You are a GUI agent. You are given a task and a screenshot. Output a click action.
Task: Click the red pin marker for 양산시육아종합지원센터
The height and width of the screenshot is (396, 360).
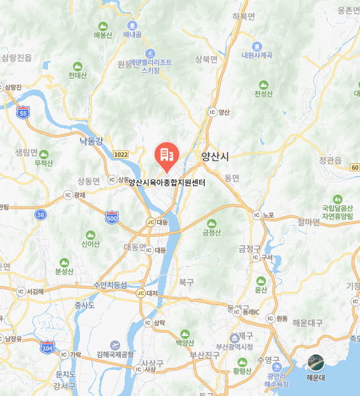point(166,156)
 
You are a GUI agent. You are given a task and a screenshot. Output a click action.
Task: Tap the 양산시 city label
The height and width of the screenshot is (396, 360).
point(219,155)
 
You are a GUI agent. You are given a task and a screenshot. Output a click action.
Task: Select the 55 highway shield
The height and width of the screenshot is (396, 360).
point(24,113)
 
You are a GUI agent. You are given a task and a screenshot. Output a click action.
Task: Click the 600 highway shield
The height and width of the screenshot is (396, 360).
point(112,218)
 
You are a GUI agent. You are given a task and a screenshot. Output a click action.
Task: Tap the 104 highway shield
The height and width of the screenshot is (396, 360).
point(47,347)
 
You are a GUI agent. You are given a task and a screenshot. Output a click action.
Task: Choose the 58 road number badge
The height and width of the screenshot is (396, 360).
point(41,214)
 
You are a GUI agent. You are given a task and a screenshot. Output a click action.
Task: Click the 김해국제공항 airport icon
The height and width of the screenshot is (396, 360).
point(114,345)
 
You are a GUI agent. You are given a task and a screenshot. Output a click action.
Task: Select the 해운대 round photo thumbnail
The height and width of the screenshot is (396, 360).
point(316,363)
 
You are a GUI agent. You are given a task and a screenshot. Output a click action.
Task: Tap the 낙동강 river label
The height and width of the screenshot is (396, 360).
point(90,141)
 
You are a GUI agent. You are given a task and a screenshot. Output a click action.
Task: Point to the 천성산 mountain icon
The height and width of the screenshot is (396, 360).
point(263,84)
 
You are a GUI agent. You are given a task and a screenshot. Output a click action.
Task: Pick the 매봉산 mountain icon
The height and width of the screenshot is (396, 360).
point(102,26)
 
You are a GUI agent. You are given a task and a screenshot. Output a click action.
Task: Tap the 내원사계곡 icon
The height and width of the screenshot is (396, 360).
point(256,46)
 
